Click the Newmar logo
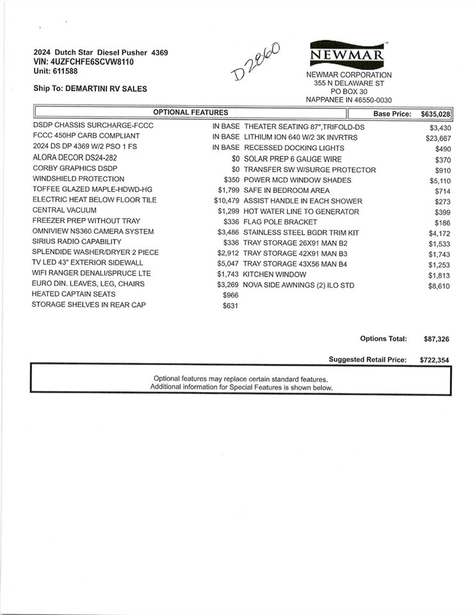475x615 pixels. (x=348, y=54)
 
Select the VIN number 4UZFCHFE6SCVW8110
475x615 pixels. (x=93, y=62)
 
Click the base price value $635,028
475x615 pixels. (x=436, y=113)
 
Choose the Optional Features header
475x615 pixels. (x=191, y=113)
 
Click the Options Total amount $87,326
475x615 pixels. (x=436, y=339)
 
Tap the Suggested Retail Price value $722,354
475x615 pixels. (x=434, y=361)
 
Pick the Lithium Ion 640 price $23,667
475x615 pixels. (x=439, y=138)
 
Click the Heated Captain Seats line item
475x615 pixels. (x=74, y=294)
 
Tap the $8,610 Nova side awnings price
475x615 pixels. (x=440, y=286)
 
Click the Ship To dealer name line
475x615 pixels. (x=90, y=89)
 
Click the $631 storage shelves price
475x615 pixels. (x=229, y=305)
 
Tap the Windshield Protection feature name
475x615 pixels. (x=79, y=179)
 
